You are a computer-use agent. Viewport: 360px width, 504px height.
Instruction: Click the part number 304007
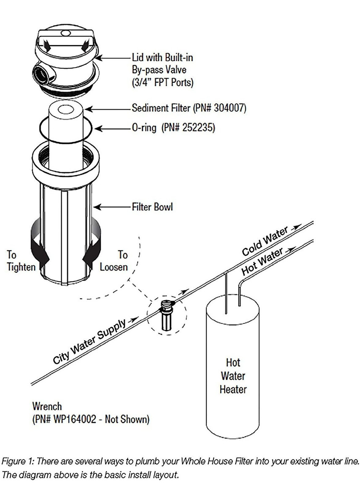[x=229, y=108]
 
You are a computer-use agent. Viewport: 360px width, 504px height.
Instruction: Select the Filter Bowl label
[x=152, y=207]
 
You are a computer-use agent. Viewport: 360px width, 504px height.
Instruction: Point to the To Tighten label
[x=21, y=261]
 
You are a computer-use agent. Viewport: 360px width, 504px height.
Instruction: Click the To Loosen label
[x=114, y=261]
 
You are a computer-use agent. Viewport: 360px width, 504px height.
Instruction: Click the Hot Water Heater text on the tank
[x=233, y=376]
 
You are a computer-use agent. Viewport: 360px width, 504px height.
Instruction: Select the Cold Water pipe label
[x=265, y=241]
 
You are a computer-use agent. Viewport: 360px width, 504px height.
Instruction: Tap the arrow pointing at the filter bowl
[x=112, y=207]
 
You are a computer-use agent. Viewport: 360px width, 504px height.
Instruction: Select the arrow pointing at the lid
[x=114, y=58]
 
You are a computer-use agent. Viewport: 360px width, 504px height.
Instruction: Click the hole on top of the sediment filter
[x=66, y=110]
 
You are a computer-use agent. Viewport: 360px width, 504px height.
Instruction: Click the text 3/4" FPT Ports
[x=163, y=82]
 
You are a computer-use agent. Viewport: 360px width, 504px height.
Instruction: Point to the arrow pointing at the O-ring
[x=113, y=129]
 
